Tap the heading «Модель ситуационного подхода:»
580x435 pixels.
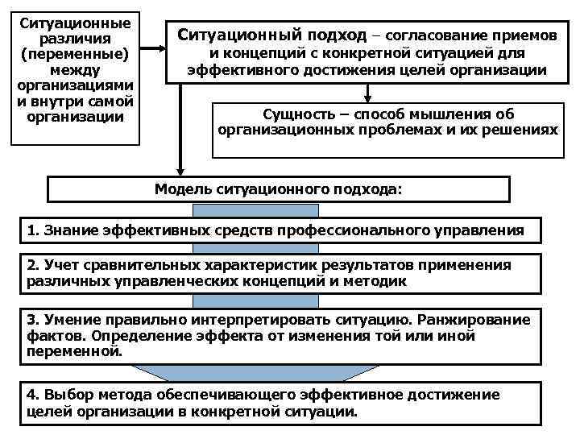[279, 189]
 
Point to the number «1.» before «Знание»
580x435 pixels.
[33, 230]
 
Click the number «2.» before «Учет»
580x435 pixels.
[33, 265]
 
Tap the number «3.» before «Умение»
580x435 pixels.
[33, 321]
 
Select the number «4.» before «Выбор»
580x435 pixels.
[33, 395]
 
